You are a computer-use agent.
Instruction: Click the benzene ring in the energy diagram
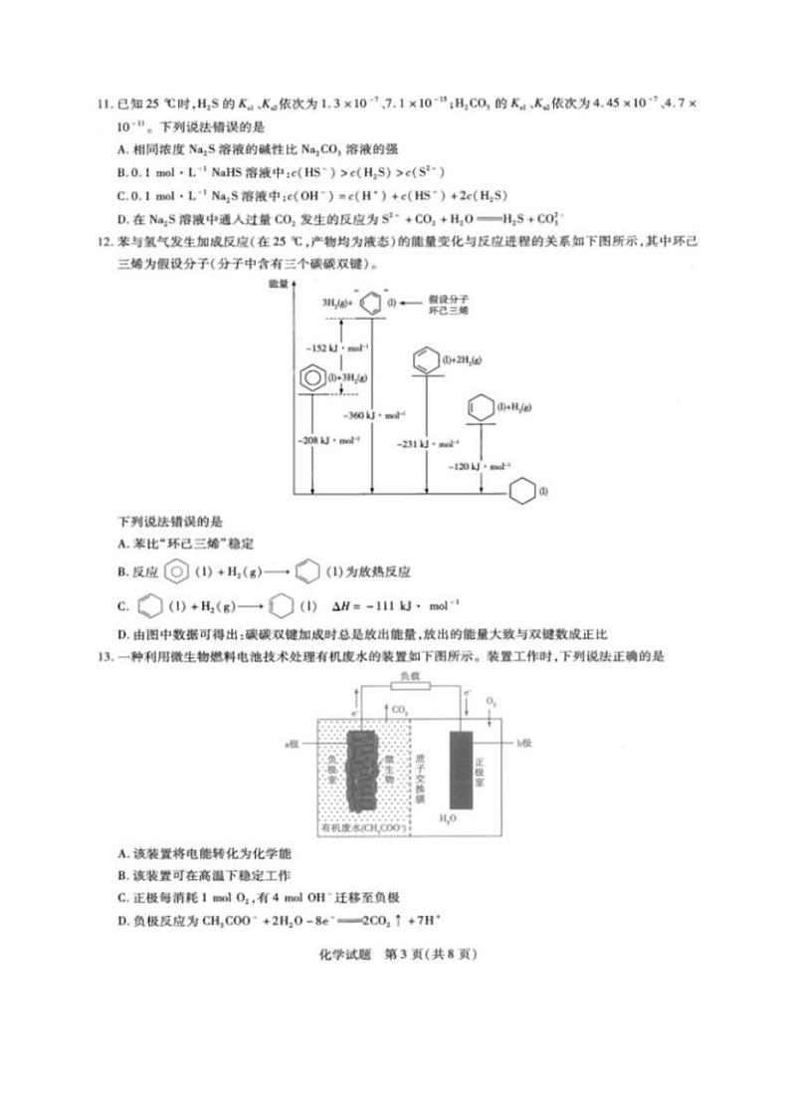click(311, 378)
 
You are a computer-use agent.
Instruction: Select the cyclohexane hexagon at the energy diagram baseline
click(520, 493)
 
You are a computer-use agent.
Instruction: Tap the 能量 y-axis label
click(278, 285)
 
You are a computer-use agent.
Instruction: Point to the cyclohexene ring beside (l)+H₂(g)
click(479, 409)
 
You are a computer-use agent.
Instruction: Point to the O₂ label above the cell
click(491, 701)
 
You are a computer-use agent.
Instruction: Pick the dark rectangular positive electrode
click(461, 769)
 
